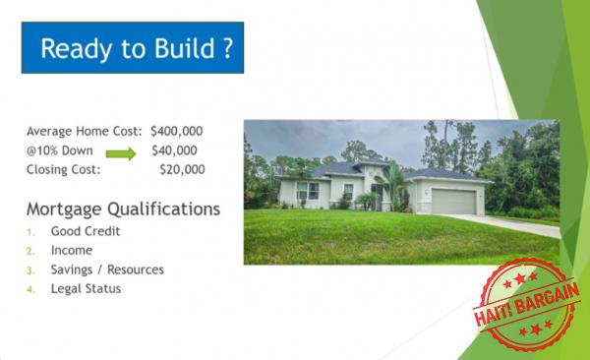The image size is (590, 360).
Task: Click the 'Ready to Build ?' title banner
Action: [x=133, y=48]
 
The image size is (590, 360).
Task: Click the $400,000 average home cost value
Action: [x=178, y=131]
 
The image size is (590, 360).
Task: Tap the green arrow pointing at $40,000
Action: [x=121, y=151]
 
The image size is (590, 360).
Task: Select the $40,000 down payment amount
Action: [x=174, y=150]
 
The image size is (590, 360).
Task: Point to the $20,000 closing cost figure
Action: [x=182, y=169]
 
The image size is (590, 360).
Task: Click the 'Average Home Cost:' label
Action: [x=85, y=131]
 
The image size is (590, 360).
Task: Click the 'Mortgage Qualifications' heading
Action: [x=123, y=210]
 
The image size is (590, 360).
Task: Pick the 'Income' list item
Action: [x=72, y=251]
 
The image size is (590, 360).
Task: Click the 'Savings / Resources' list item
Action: [x=107, y=270]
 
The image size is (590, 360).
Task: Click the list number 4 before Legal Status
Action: [x=30, y=288]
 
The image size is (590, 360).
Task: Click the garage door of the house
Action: [x=453, y=201]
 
